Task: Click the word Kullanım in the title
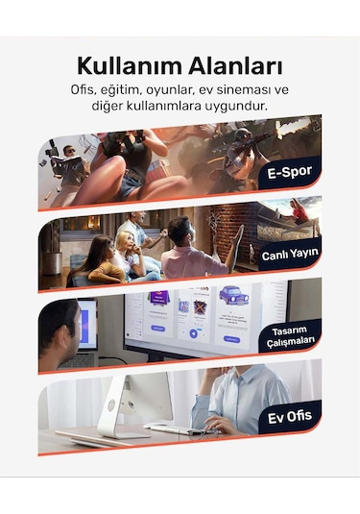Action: tap(130, 66)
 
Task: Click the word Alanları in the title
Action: tap(235, 66)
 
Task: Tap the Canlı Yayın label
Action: tap(290, 254)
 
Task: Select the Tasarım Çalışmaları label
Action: tap(290, 335)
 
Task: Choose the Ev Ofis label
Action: tap(290, 417)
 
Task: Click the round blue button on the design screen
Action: tap(193, 333)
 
